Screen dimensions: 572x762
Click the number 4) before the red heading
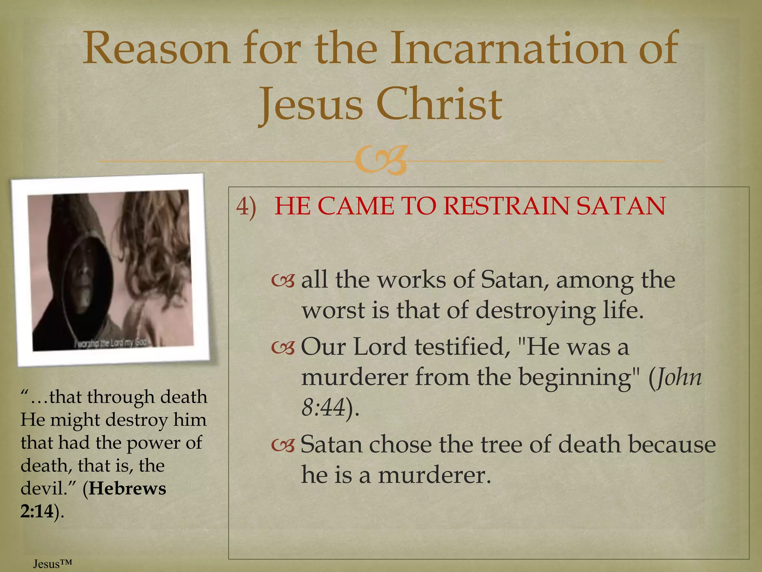246,206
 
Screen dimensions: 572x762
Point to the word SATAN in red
621,206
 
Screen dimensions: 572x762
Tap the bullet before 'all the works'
283,281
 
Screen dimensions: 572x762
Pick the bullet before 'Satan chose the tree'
283,445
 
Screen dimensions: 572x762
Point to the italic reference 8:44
323,407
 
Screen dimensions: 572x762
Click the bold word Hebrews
128,489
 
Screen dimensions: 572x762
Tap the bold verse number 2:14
37,511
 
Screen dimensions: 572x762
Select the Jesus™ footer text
52,564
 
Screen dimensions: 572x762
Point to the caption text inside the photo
112,342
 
